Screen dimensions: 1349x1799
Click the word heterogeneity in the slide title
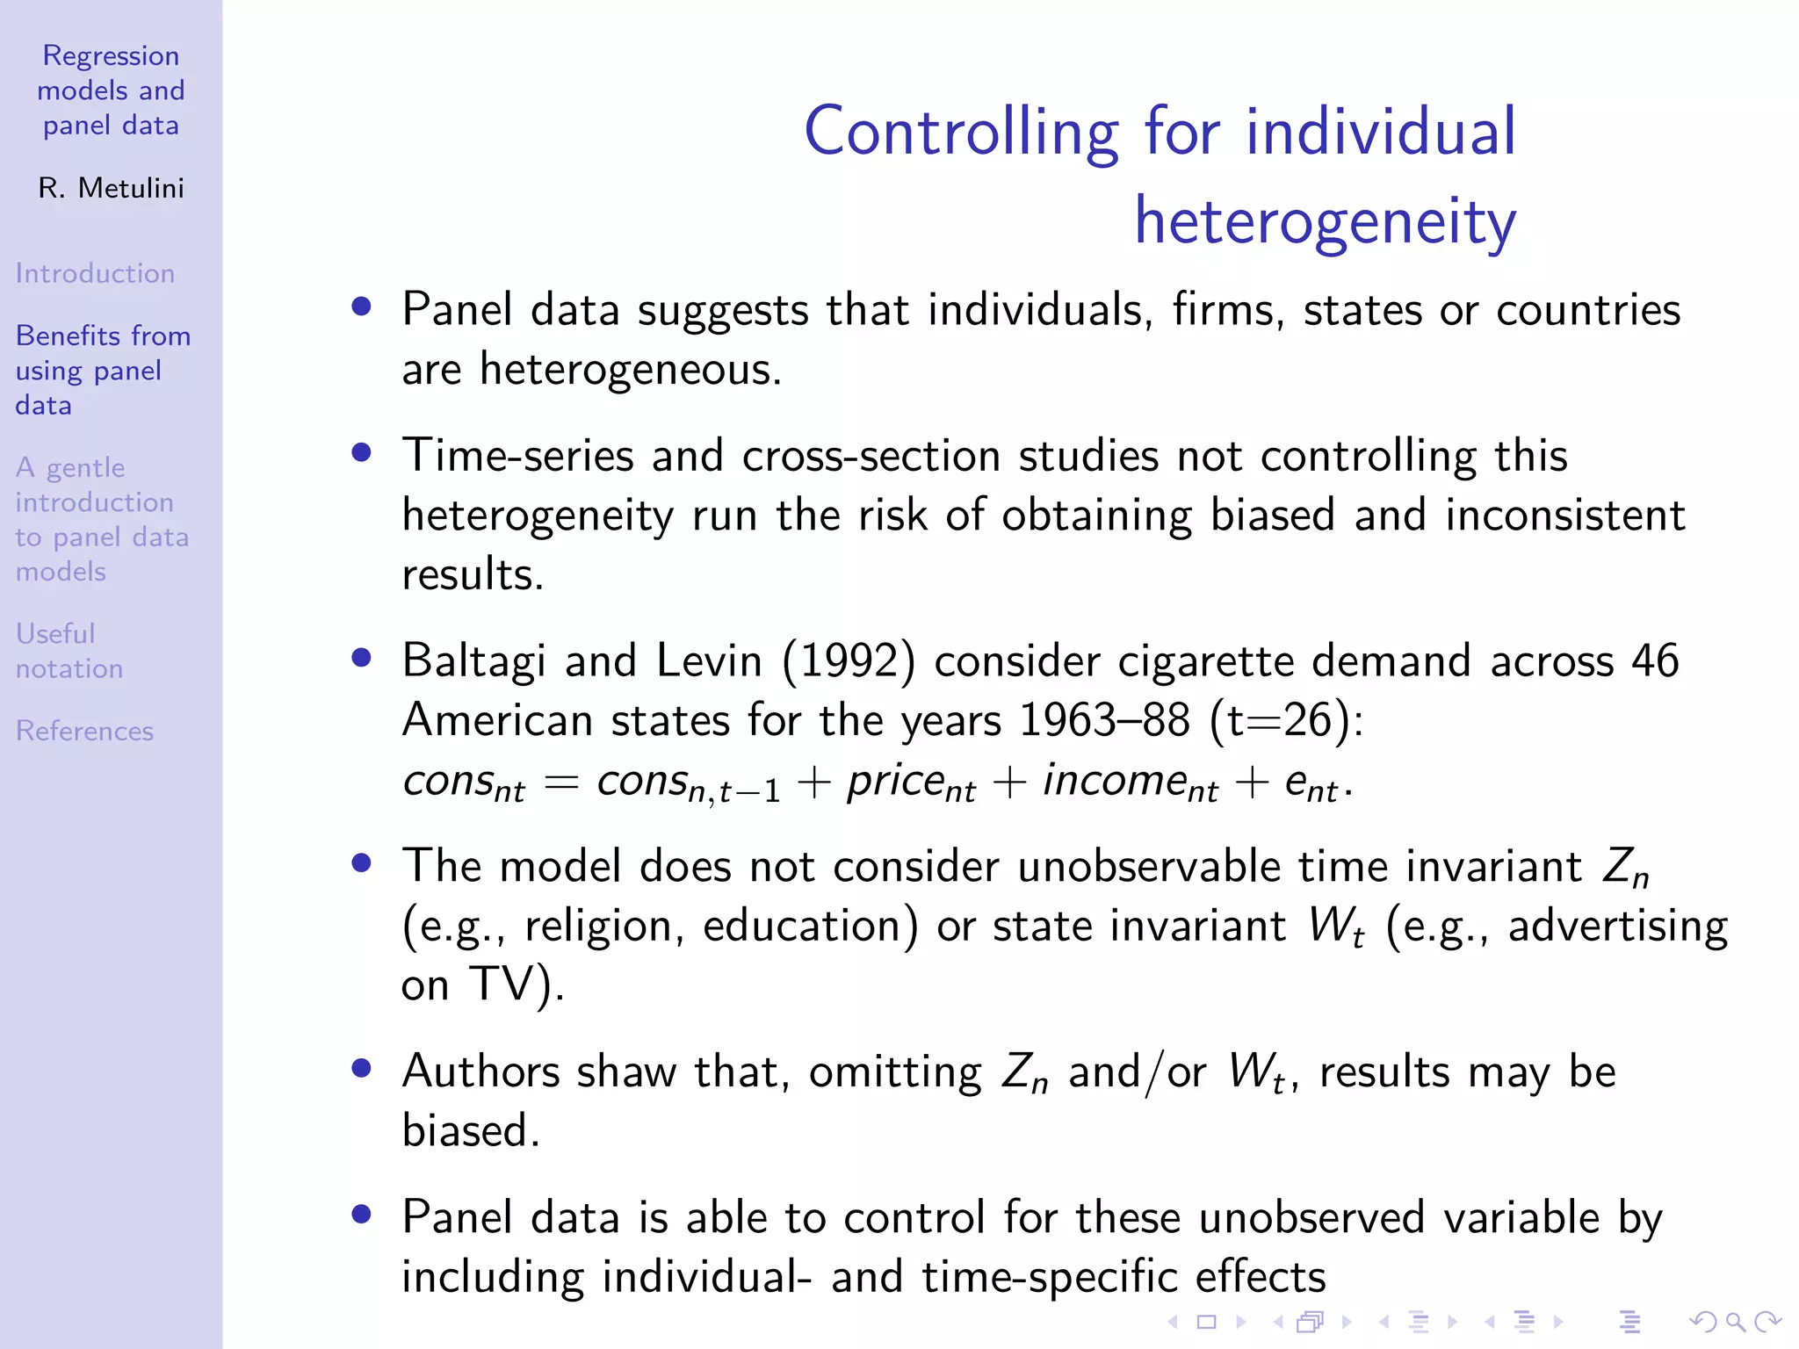tap(1325, 221)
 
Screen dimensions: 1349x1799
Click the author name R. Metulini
tap(111, 188)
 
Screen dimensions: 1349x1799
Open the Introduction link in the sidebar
tap(95, 273)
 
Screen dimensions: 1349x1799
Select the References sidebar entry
tap(84, 731)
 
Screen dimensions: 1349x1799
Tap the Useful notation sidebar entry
tap(69, 651)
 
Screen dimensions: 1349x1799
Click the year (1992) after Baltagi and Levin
tap(849, 660)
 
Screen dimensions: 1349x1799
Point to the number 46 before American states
tap(1655, 660)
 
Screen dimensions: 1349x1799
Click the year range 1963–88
tap(1104, 720)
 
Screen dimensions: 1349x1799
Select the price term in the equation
tap(910, 782)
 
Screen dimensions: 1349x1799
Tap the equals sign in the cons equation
tap(560, 782)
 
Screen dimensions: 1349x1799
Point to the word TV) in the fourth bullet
tap(517, 984)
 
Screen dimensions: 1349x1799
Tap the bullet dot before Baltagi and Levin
tap(361, 658)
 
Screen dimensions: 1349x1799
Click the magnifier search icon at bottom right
tap(1735, 1321)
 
